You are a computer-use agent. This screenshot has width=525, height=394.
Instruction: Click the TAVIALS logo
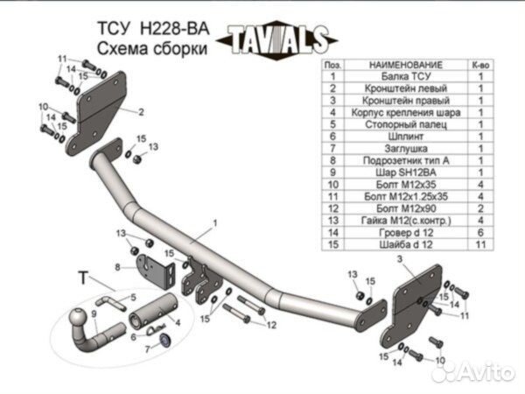pos(278,40)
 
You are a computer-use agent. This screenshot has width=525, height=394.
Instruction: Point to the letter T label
pos(83,278)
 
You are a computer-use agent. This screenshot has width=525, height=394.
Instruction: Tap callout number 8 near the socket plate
pos(117,265)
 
